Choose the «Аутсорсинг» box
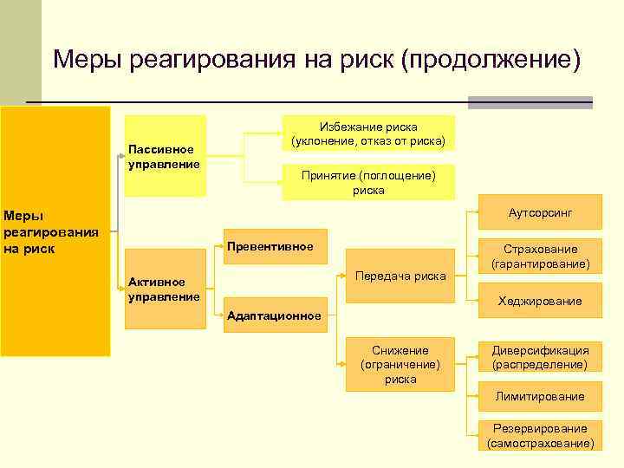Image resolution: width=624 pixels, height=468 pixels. [540, 212]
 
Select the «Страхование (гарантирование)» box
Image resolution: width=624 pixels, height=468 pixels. [540, 256]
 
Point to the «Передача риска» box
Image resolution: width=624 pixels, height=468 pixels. [400, 276]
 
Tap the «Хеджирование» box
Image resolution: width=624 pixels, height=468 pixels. [540, 302]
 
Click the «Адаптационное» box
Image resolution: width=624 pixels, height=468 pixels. [274, 315]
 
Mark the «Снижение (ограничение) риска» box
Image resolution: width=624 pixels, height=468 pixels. [400, 364]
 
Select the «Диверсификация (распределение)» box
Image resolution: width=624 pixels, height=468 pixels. [540, 358]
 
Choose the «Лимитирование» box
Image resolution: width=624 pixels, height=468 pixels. [540, 396]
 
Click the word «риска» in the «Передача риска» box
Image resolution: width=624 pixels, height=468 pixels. [430, 276]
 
